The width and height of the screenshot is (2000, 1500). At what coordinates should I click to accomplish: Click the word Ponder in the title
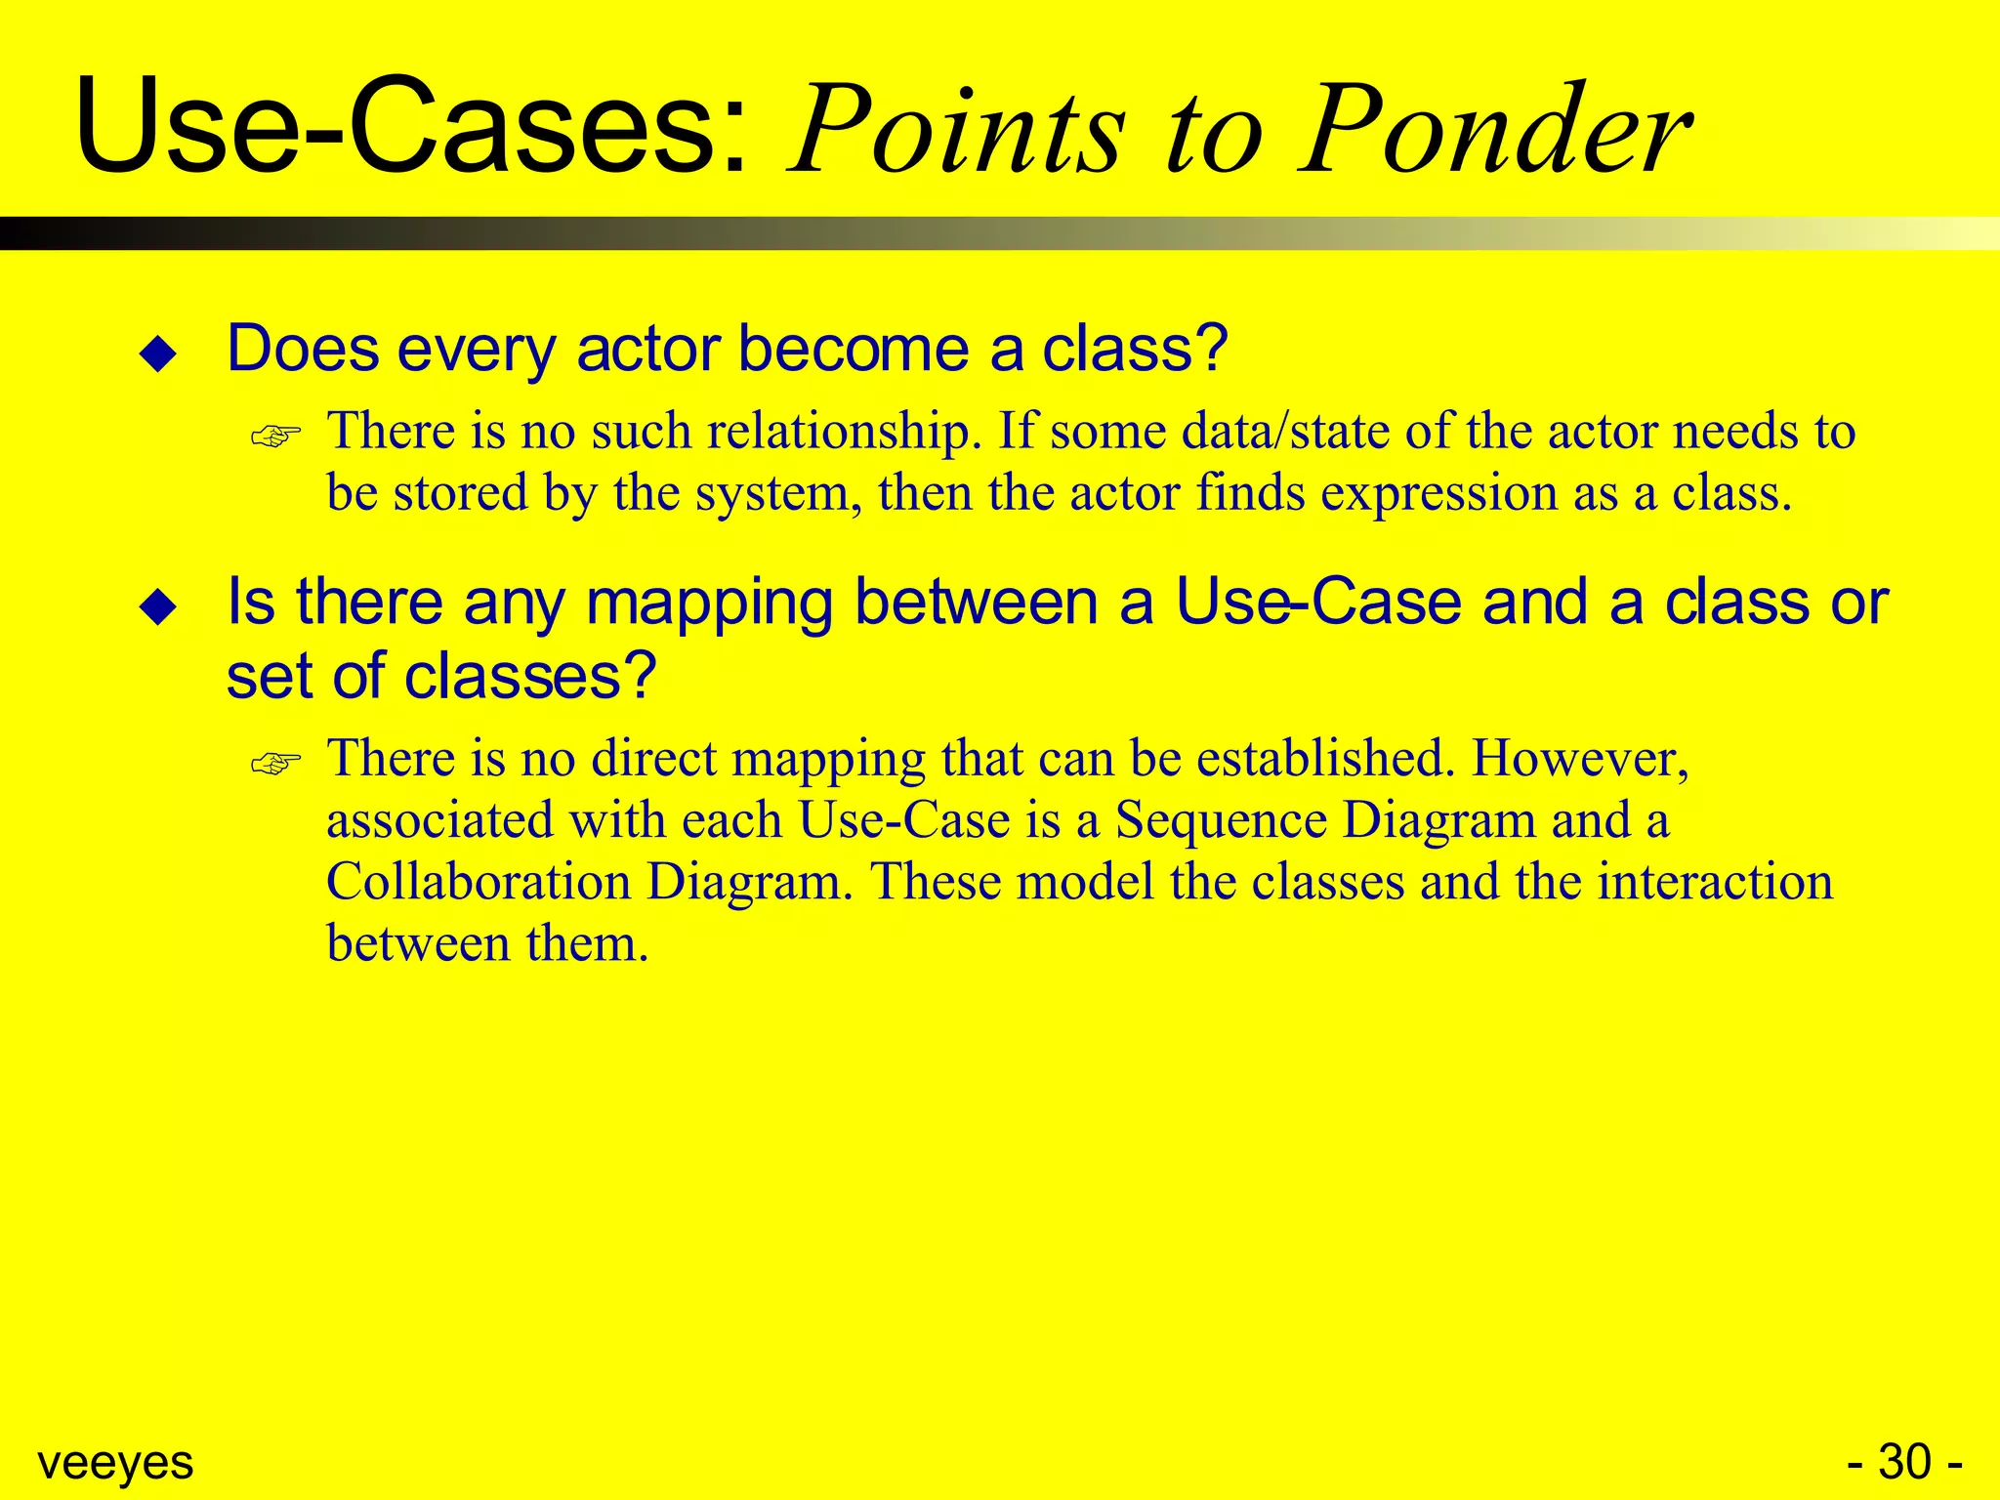click(1494, 132)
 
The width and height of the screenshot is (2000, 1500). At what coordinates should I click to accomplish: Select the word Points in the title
click(957, 132)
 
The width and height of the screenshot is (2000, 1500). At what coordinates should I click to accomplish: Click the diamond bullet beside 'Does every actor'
click(158, 354)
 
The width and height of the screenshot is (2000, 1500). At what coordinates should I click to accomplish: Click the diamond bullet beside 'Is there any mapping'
click(158, 606)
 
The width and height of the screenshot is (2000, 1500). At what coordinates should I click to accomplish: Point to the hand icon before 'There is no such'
click(275, 436)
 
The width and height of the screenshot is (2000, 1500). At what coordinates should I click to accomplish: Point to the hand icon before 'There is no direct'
click(275, 763)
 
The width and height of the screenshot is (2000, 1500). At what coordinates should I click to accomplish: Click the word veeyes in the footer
click(115, 1462)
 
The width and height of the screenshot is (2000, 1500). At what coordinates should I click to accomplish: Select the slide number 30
click(1904, 1462)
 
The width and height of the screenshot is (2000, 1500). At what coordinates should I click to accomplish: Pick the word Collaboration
click(479, 882)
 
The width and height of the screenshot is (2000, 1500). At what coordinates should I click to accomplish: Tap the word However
click(1580, 759)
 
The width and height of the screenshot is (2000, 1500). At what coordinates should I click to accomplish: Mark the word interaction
click(1715, 882)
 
